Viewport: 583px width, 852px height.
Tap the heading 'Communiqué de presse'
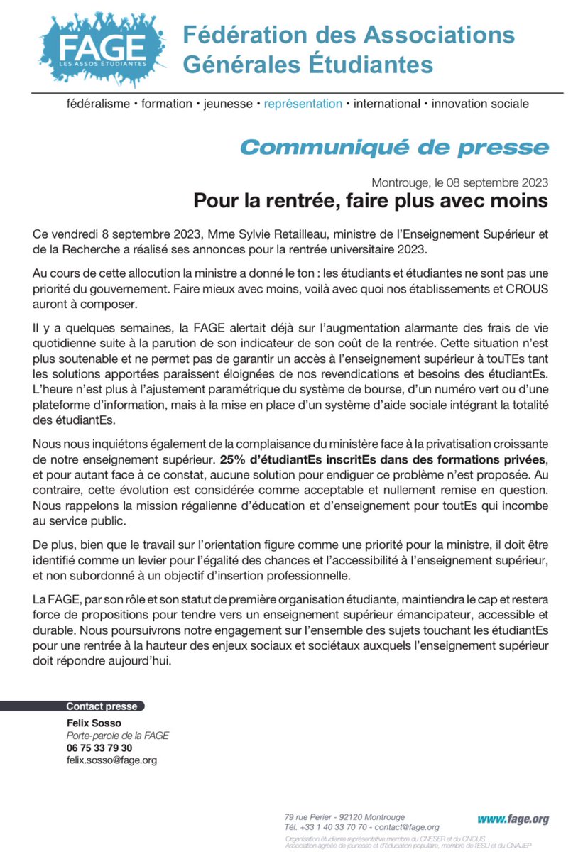(x=394, y=147)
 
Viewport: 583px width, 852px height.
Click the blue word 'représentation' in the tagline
(x=303, y=104)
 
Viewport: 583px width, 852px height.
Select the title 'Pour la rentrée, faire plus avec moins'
(x=371, y=201)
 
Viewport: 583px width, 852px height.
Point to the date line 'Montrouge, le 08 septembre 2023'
(x=459, y=182)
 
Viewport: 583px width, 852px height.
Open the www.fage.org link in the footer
(x=513, y=819)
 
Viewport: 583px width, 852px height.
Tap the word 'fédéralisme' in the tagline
(x=97, y=104)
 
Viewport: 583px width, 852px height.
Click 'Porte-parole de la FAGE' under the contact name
(x=117, y=736)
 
